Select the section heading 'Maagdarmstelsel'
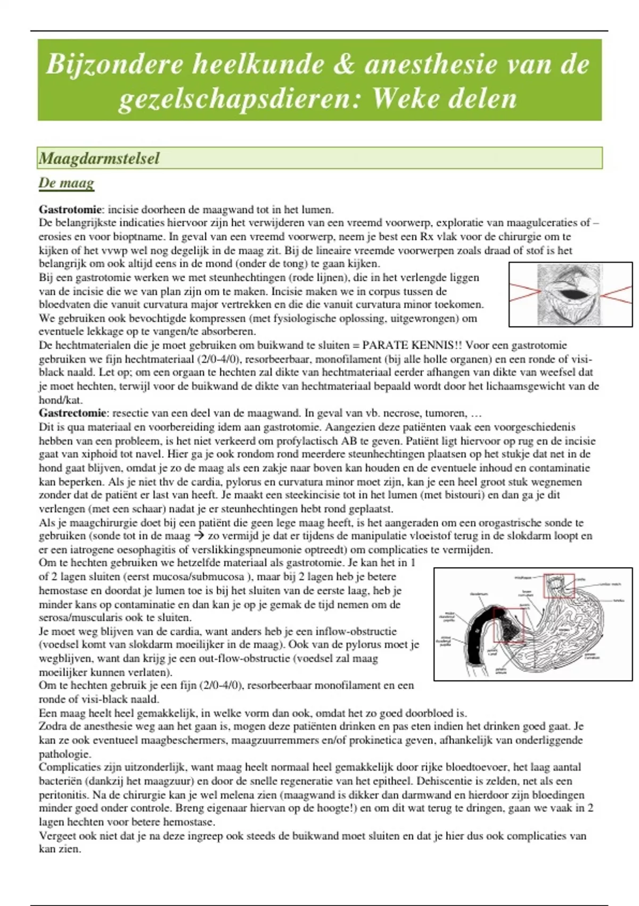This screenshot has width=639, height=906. [x=100, y=158]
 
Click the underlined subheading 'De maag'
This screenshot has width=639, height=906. [x=66, y=183]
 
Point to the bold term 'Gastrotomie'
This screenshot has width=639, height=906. [x=70, y=209]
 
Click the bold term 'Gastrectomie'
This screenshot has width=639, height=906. [x=72, y=413]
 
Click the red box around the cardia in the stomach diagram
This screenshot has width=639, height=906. [x=559, y=585]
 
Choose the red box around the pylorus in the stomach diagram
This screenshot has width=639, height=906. [x=509, y=625]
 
